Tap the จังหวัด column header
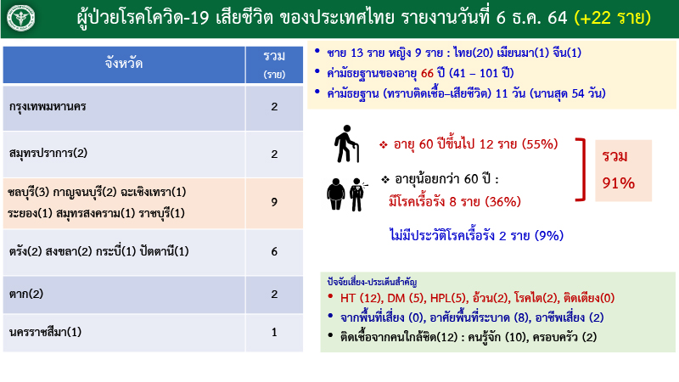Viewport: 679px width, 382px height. (124, 64)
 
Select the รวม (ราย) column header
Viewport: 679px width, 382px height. (274, 64)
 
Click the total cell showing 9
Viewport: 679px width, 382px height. (274, 202)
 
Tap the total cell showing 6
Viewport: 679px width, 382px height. (274, 251)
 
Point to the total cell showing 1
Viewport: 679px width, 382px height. (274, 332)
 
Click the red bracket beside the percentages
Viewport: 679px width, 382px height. (580, 169)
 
